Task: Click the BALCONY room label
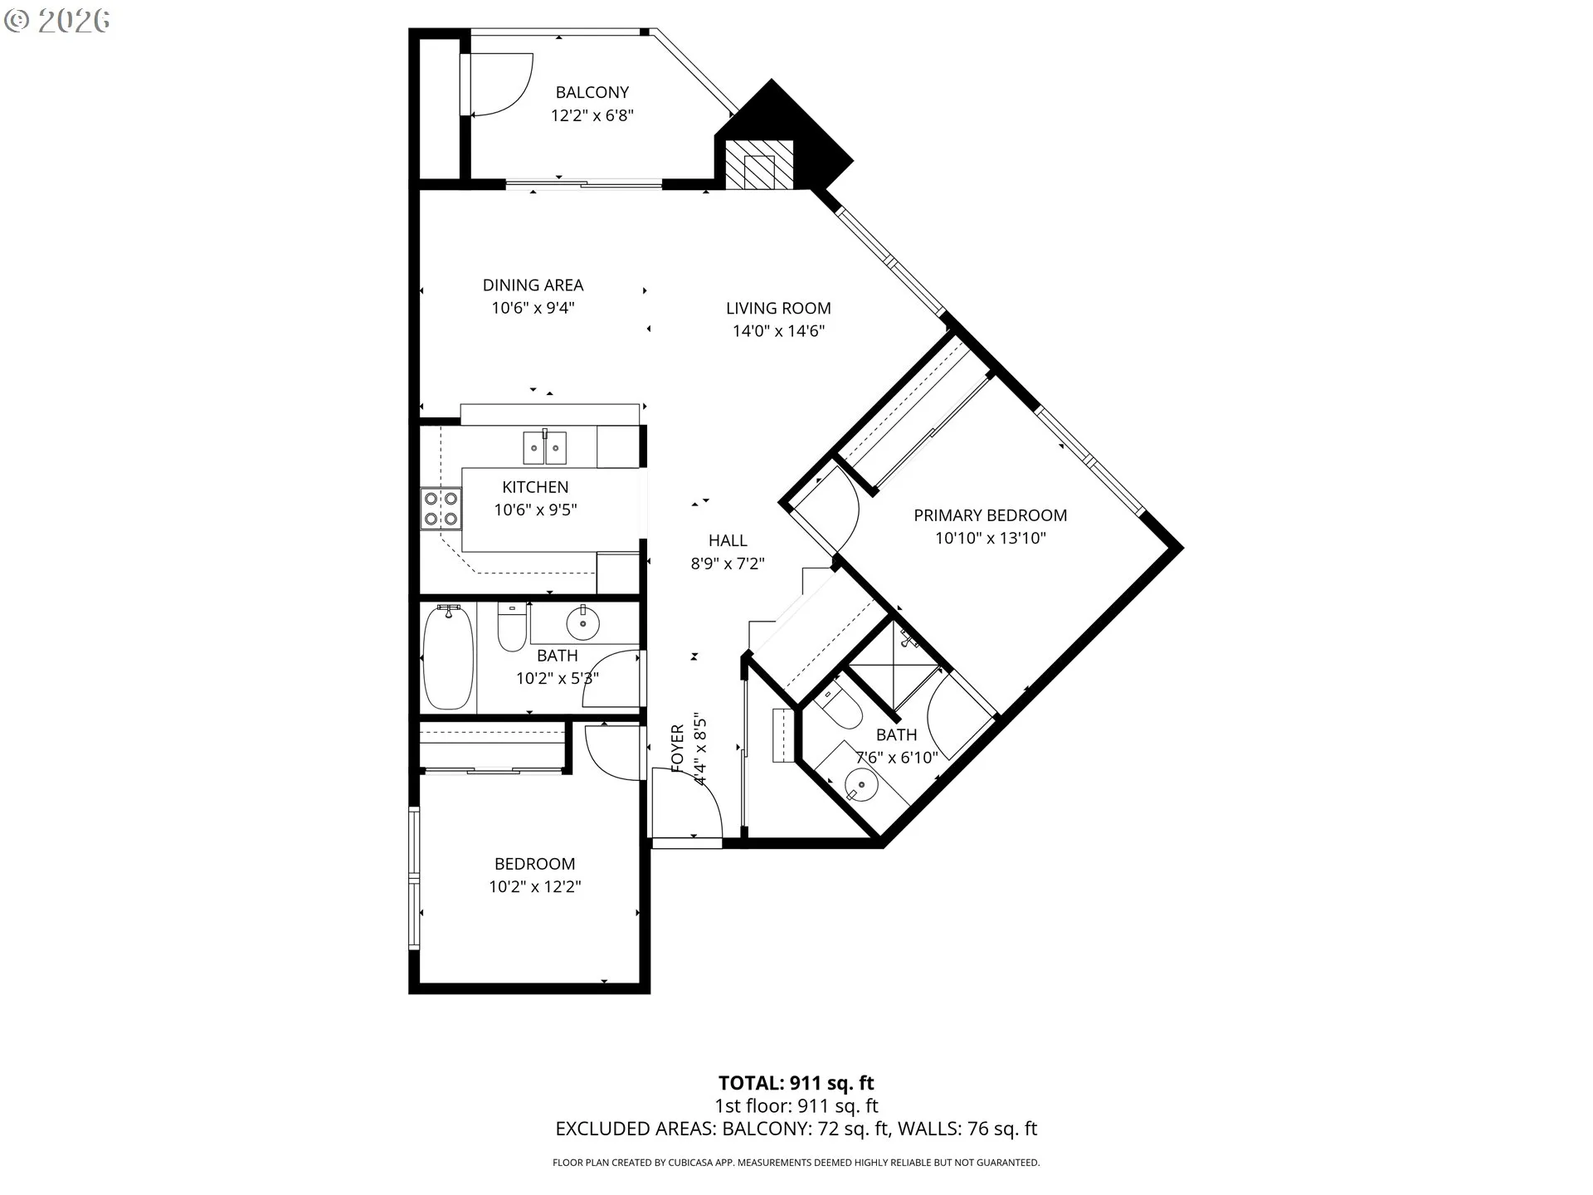592,92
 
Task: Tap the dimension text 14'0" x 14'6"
777,331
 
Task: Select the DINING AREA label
533,285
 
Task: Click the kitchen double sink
544,448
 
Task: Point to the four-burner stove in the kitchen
441,509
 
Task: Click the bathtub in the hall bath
448,656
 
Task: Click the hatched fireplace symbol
758,172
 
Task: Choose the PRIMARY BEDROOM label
990,515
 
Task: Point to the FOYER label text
678,749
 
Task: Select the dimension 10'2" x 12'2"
534,887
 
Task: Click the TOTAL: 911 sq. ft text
796,1083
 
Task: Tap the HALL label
728,540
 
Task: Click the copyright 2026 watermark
56,21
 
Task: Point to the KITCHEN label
535,487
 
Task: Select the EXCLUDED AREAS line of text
796,1129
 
